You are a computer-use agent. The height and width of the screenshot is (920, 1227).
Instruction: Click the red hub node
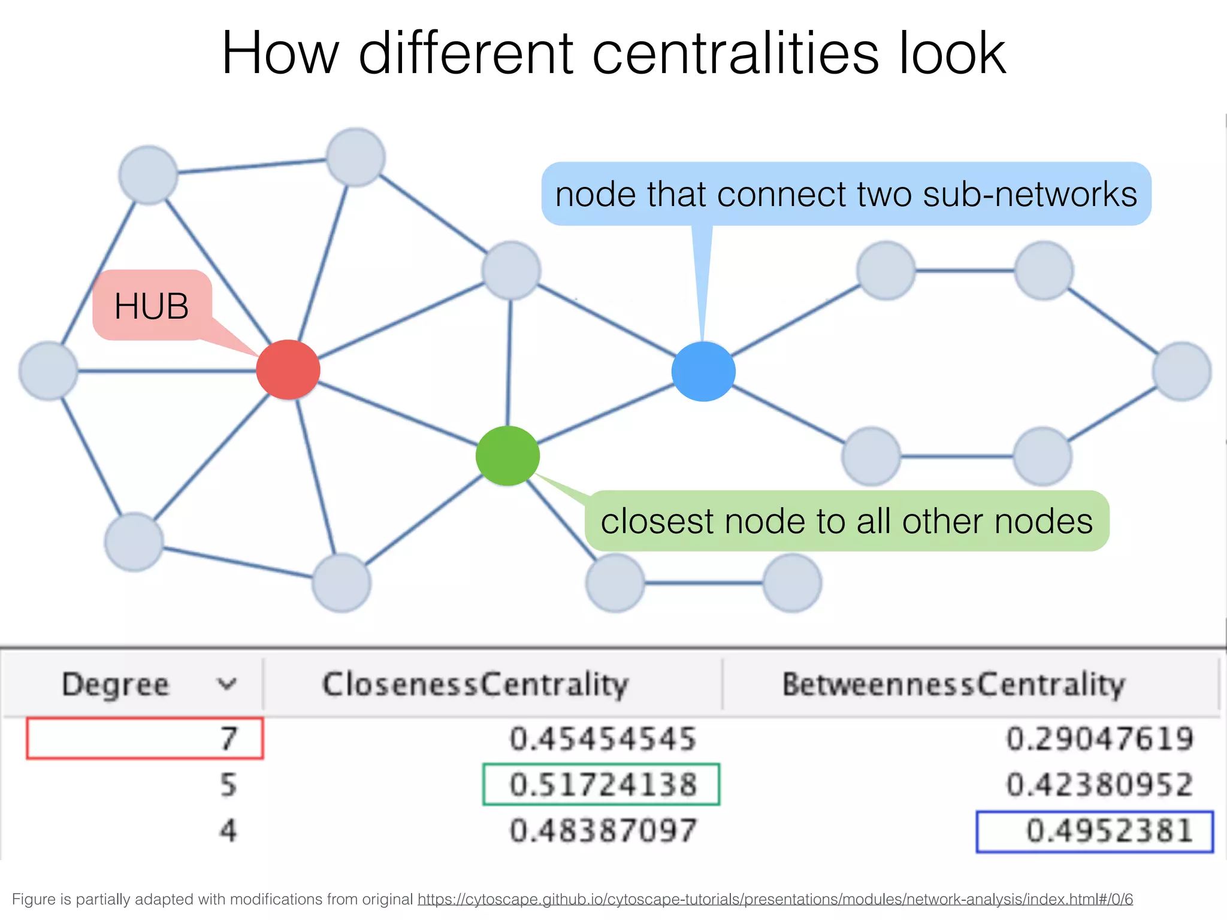(288, 370)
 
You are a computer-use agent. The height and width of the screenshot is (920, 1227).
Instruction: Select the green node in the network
(507, 456)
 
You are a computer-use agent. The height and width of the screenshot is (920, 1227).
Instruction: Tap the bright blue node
(703, 371)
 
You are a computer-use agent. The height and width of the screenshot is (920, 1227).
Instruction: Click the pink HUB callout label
(152, 306)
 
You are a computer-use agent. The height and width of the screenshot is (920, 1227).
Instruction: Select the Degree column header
(116, 685)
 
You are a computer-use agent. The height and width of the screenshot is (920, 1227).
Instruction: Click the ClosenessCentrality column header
(475, 685)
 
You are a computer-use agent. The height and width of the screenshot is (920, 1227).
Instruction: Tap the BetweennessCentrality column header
(953, 685)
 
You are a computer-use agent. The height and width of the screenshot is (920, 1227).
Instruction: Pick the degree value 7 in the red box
(228, 739)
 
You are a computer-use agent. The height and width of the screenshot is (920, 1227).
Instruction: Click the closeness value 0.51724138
(603, 785)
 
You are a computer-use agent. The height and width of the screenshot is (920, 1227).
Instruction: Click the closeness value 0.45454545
(603, 739)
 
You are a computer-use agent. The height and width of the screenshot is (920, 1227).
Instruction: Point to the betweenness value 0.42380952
(1099, 785)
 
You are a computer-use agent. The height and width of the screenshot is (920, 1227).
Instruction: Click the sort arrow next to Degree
(226, 684)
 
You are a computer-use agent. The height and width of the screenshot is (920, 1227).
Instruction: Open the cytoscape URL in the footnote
(775, 899)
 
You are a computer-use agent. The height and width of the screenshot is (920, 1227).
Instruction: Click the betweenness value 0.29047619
(1099, 739)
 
